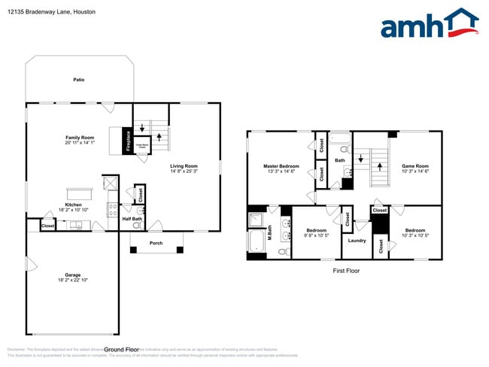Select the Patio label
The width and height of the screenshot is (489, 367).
pyautogui.click(x=78, y=79)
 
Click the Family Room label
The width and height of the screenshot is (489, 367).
pyautogui.click(x=80, y=138)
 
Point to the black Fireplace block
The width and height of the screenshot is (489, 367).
pyautogui.click(x=128, y=141)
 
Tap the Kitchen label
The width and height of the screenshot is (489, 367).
pyautogui.click(x=73, y=205)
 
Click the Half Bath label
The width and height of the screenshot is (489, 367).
pyautogui.click(x=132, y=219)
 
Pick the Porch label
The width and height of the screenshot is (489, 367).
pyautogui.click(x=156, y=243)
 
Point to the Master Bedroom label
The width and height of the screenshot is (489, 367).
pyautogui.click(x=281, y=165)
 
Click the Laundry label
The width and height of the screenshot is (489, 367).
pyautogui.click(x=357, y=241)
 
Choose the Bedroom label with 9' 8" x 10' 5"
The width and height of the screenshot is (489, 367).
pyautogui.click(x=316, y=230)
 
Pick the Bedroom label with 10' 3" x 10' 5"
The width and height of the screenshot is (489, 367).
pyautogui.click(x=415, y=230)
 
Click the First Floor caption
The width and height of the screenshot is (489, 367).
pyautogui.click(x=346, y=270)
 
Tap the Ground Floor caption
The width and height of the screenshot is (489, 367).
pyautogui.click(x=122, y=350)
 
